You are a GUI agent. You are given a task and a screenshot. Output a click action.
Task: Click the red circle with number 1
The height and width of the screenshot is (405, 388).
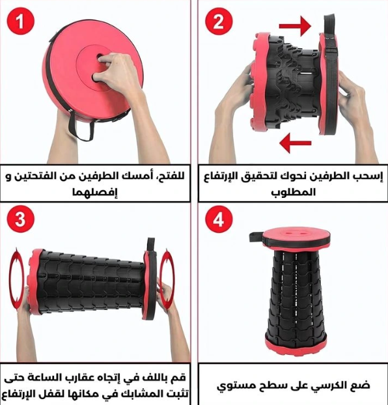click(x=20, y=21)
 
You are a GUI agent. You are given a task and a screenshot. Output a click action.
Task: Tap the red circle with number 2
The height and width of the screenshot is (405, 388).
click(x=219, y=21)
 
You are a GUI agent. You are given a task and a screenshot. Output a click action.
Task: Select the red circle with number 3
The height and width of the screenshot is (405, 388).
click(x=20, y=219)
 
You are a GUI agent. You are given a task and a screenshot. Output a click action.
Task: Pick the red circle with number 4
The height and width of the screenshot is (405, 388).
click(x=219, y=219)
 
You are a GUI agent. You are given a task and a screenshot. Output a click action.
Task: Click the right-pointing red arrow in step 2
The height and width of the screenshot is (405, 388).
click(x=295, y=26)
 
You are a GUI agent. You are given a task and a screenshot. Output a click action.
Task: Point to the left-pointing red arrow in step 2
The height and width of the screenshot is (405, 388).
click(x=296, y=143)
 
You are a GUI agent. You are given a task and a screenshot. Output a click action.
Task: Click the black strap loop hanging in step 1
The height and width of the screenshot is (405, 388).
click(x=81, y=128)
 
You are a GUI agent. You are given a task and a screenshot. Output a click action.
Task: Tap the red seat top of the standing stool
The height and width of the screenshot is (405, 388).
click(x=297, y=234)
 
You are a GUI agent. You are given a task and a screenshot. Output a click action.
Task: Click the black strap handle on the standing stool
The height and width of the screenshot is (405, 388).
click(x=256, y=237)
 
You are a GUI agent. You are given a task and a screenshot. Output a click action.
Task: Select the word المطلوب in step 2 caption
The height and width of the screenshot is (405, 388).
click(x=293, y=193)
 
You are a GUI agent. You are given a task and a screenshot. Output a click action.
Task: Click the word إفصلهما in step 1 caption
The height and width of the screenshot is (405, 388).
click(x=95, y=193)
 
